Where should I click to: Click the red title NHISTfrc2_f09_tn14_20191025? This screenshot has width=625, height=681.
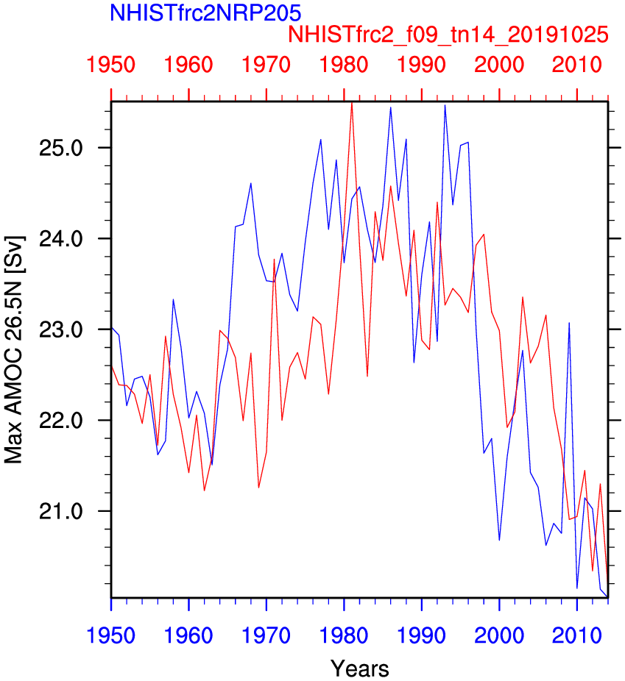pos(448,35)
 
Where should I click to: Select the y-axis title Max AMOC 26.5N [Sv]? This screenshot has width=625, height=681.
pos(14,349)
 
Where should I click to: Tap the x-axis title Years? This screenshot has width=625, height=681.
pos(359,668)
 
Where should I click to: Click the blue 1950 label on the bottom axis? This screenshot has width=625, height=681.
pos(111,635)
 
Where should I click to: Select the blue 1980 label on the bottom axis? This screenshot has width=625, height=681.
pos(344,635)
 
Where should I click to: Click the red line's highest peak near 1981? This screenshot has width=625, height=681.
pos(352,103)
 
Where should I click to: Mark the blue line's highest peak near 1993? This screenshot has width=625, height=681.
pos(445,105)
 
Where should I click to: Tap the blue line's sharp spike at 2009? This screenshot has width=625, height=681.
pos(569,323)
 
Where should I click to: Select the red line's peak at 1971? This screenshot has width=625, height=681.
pos(274,259)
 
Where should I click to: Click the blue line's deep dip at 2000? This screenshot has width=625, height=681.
pos(499,540)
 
